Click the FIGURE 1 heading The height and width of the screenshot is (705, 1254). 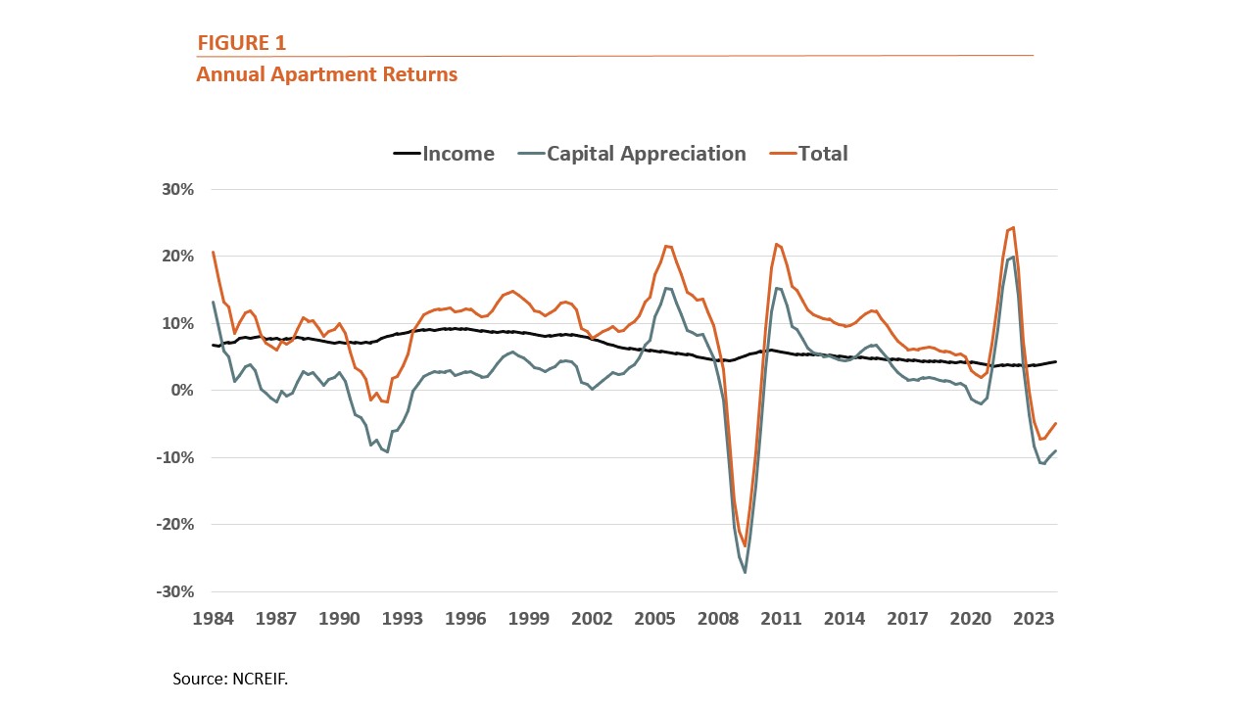241,43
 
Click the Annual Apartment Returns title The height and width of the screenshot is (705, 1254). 326,74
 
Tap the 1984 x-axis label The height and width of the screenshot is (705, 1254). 214,619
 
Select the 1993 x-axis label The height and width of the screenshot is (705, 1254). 403,619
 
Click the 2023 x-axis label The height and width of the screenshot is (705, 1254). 1033,619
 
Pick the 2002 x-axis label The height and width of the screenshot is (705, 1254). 592,619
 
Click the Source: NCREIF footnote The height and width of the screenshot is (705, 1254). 230,678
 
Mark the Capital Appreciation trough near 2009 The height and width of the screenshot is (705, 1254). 746,572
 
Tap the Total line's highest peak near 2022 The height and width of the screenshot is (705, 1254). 1013,228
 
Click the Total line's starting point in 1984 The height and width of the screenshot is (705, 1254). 214,253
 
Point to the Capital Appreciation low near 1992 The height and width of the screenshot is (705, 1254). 388,451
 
